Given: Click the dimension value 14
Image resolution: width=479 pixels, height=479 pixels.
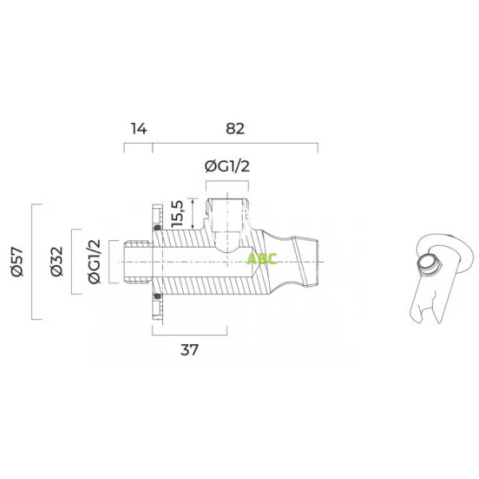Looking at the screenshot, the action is point(139,129).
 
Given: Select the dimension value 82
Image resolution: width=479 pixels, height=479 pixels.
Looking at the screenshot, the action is point(236,129).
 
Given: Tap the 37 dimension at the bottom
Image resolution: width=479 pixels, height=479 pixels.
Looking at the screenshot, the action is point(189,350).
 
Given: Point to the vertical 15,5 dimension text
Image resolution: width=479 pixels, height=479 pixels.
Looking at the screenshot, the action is point(177,214).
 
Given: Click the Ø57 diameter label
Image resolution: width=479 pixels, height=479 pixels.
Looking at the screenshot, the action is point(17,262).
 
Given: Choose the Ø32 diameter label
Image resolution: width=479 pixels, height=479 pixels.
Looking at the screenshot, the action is point(57,262).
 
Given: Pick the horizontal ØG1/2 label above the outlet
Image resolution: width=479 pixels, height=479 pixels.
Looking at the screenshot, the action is point(228,167).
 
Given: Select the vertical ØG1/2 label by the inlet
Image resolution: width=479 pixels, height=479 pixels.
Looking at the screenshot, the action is point(94,262).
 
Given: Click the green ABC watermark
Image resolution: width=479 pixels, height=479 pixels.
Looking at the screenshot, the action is point(262,259).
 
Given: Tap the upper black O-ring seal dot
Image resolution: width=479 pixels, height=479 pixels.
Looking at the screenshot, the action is point(157,228).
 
